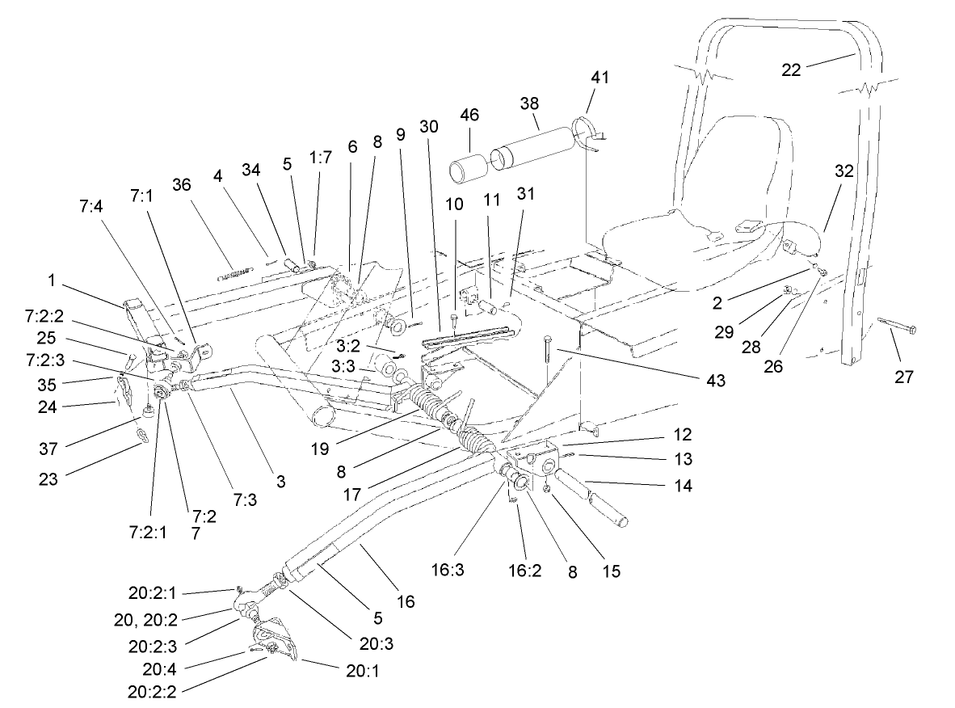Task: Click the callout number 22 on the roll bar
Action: (x=791, y=70)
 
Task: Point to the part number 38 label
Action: (x=530, y=103)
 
